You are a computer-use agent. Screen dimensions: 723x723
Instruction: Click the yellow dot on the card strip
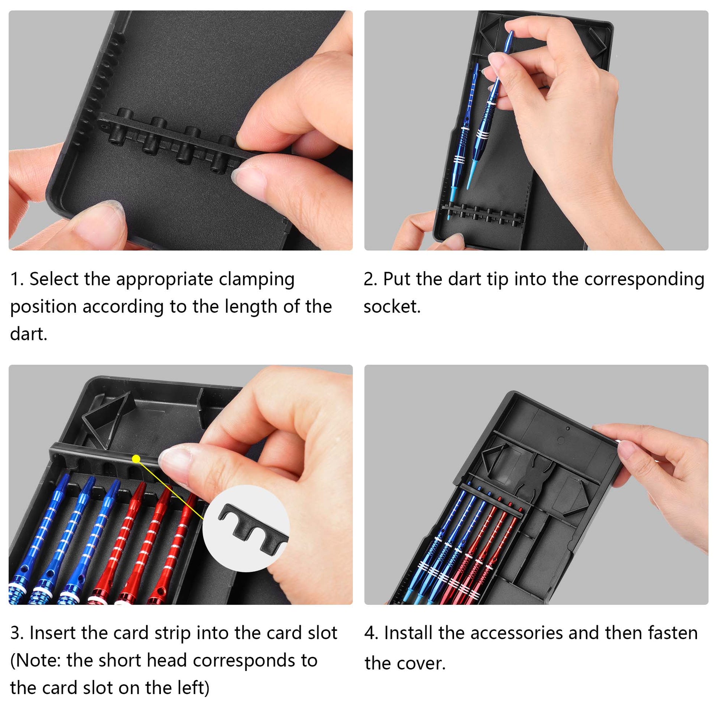tap(136, 459)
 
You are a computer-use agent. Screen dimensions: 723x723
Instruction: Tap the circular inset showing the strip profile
tap(246, 528)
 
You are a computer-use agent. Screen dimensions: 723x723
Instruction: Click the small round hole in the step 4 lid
tap(568, 428)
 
